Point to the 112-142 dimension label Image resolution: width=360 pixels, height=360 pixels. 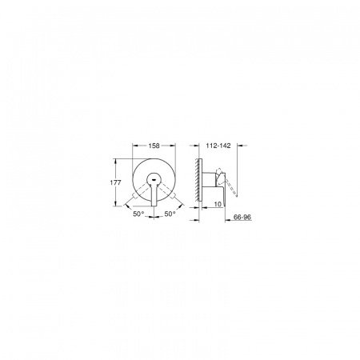click(218, 148)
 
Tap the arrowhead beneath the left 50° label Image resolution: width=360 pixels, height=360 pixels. click(132, 207)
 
